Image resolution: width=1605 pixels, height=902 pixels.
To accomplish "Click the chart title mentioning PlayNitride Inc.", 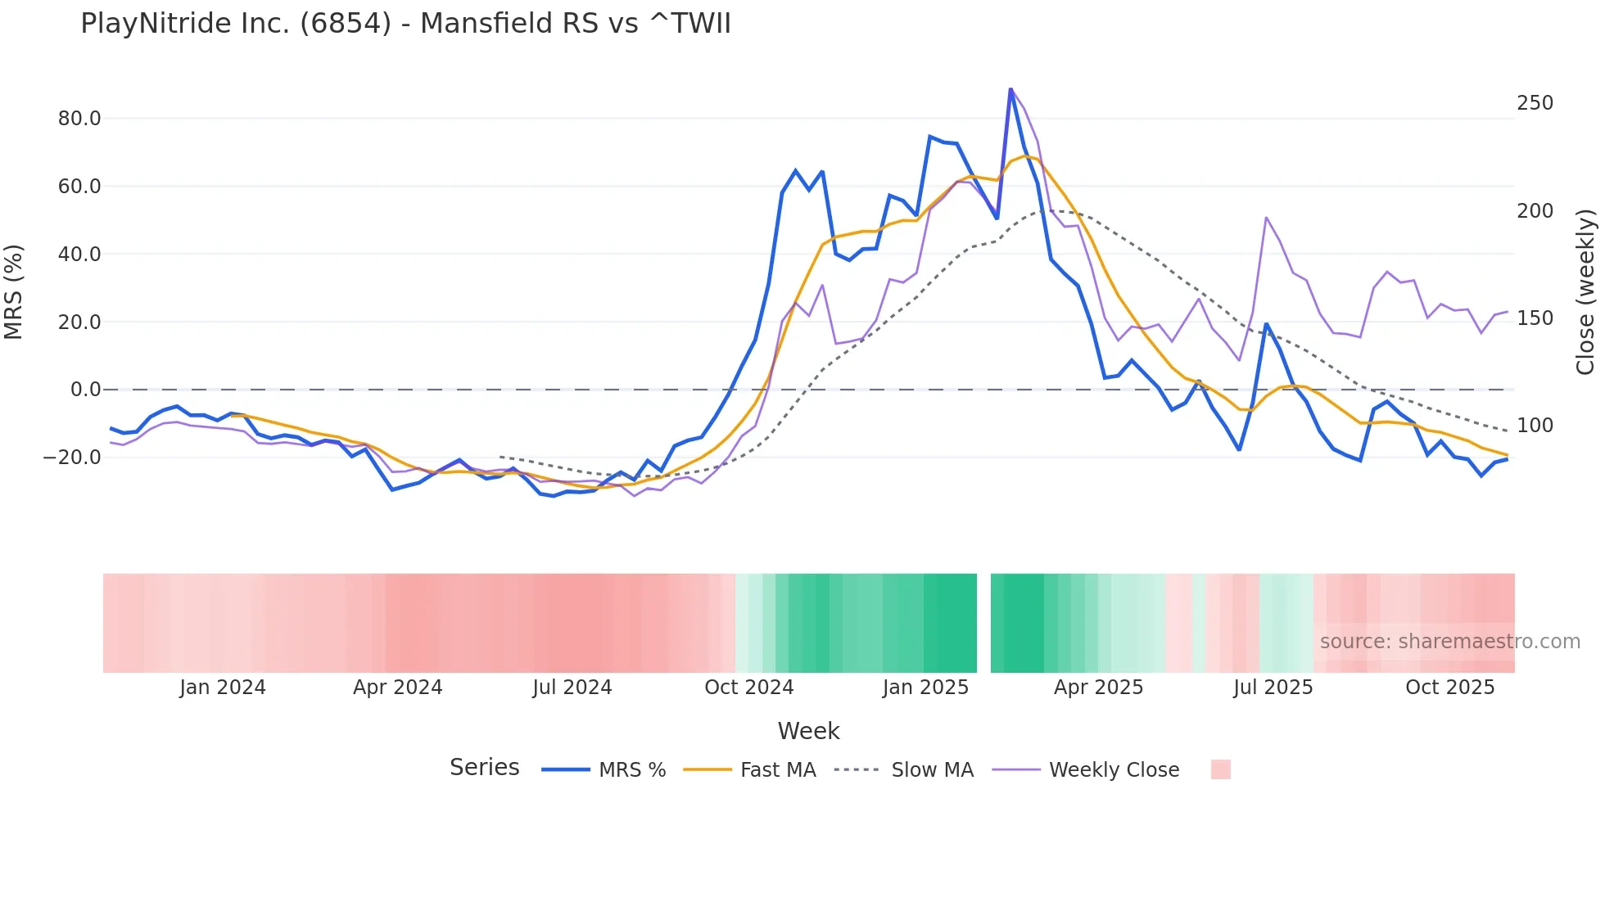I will pyautogui.click(x=405, y=24).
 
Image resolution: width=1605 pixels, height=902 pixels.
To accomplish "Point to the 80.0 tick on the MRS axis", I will pyautogui.click(x=79, y=119).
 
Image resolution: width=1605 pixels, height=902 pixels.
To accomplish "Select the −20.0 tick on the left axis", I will pyautogui.click(x=73, y=458).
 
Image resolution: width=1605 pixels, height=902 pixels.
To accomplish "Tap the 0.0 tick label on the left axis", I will pyautogui.click(x=86, y=390).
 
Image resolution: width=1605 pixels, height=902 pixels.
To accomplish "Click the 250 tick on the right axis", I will pyautogui.click(x=1535, y=103).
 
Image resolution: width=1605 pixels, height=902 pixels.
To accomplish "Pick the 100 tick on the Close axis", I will pyautogui.click(x=1535, y=426).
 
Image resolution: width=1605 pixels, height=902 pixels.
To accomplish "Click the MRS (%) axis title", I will pyautogui.click(x=14, y=292).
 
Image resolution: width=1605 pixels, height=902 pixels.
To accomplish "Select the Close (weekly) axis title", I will pyautogui.click(x=1585, y=292).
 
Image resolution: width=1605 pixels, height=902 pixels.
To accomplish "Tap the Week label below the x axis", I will pyautogui.click(x=808, y=731).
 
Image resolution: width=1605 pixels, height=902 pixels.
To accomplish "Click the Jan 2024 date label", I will pyautogui.click(x=223, y=688).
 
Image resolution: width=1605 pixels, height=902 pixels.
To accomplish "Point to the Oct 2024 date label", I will pyautogui.click(x=748, y=688).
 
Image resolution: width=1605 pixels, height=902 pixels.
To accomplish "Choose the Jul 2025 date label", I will pyautogui.click(x=1273, y=688).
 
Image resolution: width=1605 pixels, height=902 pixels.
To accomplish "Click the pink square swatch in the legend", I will pyautogui.click(x=1220, y=769).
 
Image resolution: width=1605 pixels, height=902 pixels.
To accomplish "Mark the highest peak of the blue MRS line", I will pyautogui.click(x=1010, y=89).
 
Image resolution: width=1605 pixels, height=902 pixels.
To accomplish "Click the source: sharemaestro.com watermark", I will pyautogui.click(x=1449, y=642).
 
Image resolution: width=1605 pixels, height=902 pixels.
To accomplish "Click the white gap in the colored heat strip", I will pyautogui.click(x=983, y=623).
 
